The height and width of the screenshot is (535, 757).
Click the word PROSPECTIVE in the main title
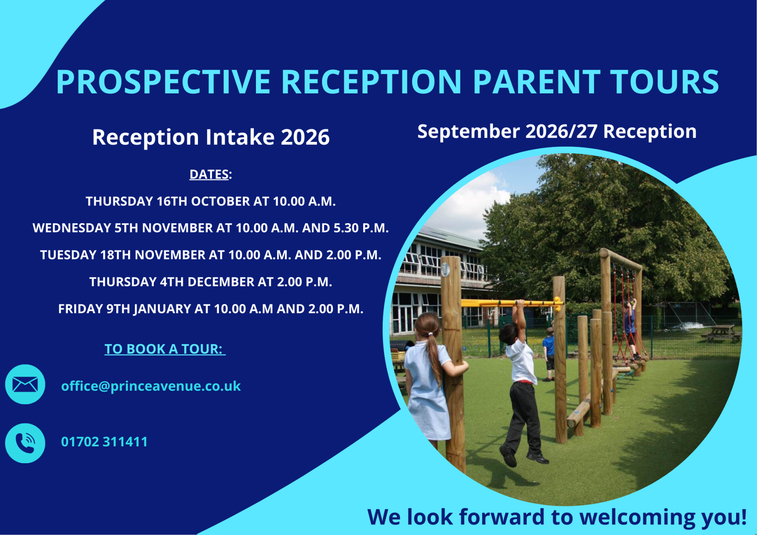click(x=163, y=82)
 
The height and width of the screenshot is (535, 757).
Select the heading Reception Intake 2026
click(x=211, y=137)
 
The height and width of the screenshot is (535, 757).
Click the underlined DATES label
click(x=209, y=174)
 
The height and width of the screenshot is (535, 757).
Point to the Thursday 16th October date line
click(x=211, y=201)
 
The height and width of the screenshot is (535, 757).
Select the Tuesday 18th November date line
click(x=211, y=255)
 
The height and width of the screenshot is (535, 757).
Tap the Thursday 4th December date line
click(x=211, y=282)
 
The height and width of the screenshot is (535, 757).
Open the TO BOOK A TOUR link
click(x=165, y=349)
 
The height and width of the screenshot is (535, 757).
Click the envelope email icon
click(x=25, y=384)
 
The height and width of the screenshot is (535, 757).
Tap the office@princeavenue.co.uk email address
click(x=151, y=386)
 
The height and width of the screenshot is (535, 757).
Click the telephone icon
click(x=25, y=443)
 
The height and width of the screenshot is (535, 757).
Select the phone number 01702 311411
click(x=104, y=442)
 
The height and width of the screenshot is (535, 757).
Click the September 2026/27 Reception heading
click(x=557, y=132)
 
